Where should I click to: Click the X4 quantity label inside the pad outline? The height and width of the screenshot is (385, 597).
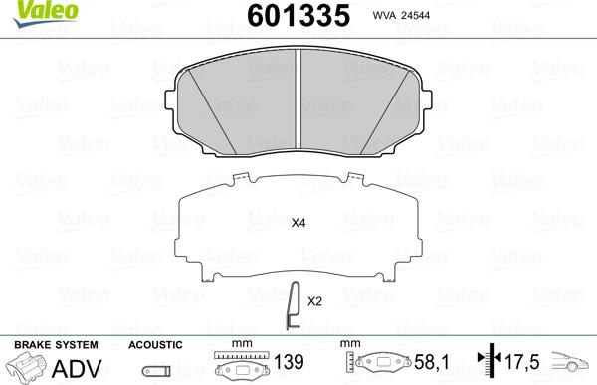pos(298,224)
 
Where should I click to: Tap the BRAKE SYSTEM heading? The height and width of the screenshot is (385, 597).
pos(55,344)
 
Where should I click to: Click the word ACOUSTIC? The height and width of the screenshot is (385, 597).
pos(155,344)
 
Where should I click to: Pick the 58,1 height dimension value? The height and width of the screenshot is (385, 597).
pos(424,365)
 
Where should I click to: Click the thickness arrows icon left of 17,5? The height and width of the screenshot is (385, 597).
pos(486,365)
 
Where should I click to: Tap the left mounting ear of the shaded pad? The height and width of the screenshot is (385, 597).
pos(171,97)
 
